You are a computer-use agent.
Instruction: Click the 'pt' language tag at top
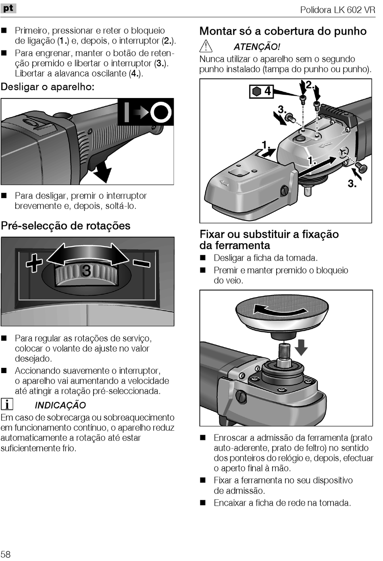8,8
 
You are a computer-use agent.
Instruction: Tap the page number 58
6,554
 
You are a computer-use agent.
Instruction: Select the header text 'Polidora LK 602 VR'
337,10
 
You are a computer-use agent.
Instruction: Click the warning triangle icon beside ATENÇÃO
206,46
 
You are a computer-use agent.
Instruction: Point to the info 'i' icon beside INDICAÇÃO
6,404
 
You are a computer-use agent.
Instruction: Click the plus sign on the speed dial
34,263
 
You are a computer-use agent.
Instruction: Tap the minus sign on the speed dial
142,263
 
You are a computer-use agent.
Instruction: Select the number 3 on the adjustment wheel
86,271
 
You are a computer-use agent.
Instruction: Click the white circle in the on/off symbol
160,112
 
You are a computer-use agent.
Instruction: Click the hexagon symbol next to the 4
256,91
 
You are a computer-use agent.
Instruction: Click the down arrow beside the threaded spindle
300,347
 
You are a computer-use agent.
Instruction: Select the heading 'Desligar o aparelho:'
48,87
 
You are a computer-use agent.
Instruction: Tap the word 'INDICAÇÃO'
60,405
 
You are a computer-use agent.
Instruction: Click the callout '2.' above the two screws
310,85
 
